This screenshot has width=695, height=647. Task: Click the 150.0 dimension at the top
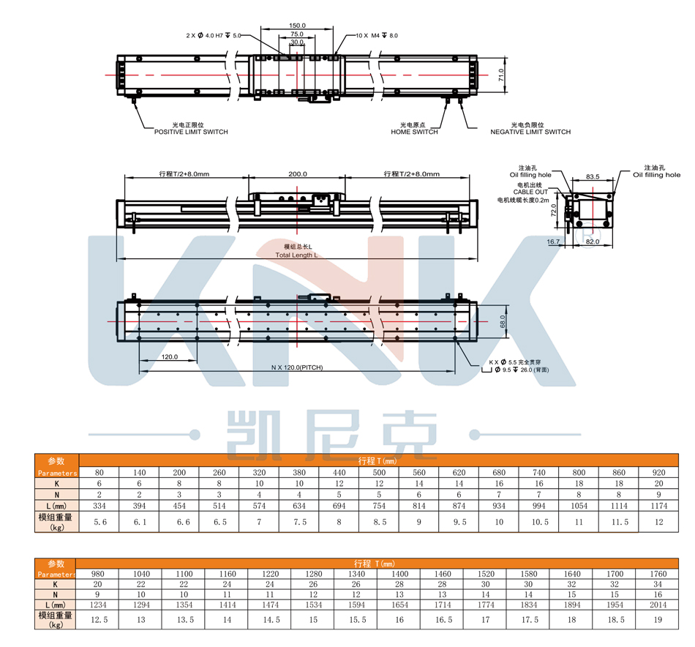(298, 26)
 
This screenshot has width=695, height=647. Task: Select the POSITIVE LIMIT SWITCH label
(190, 132)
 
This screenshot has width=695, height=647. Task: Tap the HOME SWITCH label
(414, 132)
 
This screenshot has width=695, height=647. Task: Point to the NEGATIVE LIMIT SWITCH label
(530, 132)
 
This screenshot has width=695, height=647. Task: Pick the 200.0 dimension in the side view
(298, 174)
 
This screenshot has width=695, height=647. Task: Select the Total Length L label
(297, 255)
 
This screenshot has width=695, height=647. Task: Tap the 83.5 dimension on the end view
(593, 176)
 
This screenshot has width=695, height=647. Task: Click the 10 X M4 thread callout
(377, 35)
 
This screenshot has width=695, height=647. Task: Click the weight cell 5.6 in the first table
(101, 522)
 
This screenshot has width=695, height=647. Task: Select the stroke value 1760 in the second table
(657, 575)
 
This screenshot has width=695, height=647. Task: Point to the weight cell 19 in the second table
(657, 621)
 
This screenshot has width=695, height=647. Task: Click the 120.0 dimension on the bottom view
(170, 357)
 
